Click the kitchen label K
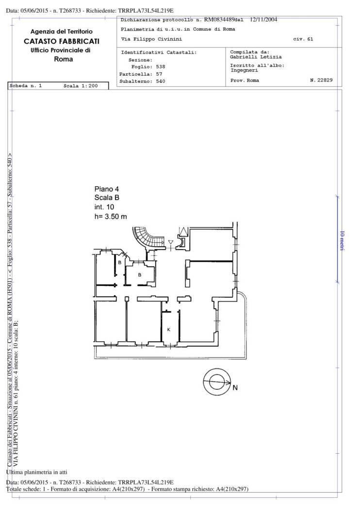169,330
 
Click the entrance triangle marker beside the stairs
171,242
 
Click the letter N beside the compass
235,387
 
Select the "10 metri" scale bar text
342,240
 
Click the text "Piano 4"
107,189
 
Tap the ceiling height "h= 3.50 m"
111,216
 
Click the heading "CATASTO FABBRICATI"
62,41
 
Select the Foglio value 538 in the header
161,66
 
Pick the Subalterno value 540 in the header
161,81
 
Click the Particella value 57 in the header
159,74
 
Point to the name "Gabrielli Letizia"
256,57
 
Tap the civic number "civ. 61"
303,39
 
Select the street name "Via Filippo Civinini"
151,39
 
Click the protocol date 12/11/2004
263,19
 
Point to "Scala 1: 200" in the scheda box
81,86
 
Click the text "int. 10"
104,207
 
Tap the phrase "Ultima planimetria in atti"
37,472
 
